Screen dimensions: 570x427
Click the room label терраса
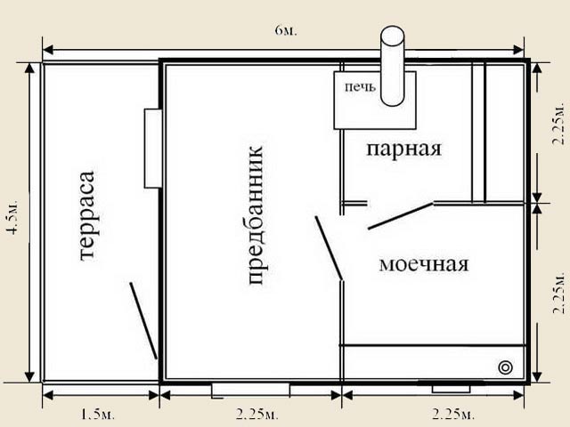pyautogui.click(x=87, y=215)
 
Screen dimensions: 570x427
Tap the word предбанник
pyautogui.click(x=256, y=215)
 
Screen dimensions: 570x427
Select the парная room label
pyautogui.click(x=403, y=149)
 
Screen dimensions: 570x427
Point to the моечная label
pyautogui.click(x=424, y=264)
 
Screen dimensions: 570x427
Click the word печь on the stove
pyautogui.click(x=360, y=87)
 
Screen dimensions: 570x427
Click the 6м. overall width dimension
pyautogui.click(x=286, y=30)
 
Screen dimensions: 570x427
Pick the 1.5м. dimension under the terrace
pyautogui.click(x=97, y=415)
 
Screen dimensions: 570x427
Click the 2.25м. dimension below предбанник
pyautogui.click(x=257, y=415)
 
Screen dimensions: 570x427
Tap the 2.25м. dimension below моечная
pyautogui.click(x=453, y=415)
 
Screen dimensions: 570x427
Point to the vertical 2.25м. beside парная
pyautogui.click(x=558, y=124)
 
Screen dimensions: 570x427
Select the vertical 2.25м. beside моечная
pyautogui.click(x=558, y=293)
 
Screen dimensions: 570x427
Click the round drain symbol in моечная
pyautogui.click(x=505, y=367)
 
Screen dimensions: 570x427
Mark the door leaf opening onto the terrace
pyautogui.click(x=143, y=320)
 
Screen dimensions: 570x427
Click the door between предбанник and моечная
pyautogui.click(x=329, y=248)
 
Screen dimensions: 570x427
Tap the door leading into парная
pyautogui.click(x=401, y=216)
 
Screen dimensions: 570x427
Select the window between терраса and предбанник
pyautogui.click(x=153, y=149)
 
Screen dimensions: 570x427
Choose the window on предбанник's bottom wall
pyautogui.click(x=251, y=391)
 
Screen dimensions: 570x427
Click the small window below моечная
pyautogui.click(x=451, y=387)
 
